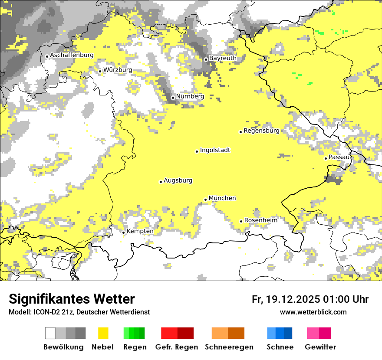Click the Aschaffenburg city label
tap(72, 55)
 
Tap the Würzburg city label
tap(118, 70)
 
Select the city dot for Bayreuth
tap(206, 59)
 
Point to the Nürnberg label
tap(190, 96)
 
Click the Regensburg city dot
tap(240, 132)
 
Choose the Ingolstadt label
tap(215, 150)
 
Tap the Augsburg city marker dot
tap(161, 182)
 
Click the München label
tap(222, 198)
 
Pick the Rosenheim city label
tap(260, 220)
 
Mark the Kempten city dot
tap(123, 232)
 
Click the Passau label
tap(339, 157)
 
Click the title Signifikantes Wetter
tap(72, 299)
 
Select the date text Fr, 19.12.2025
tap(286, 299)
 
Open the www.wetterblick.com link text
tap(313, 312)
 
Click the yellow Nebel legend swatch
tap(103, 333)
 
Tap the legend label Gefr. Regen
tap(176, 347)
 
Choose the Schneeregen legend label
tap(229, 347)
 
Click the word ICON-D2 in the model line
tap(44, 312)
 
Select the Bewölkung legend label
tap(63, 347)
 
